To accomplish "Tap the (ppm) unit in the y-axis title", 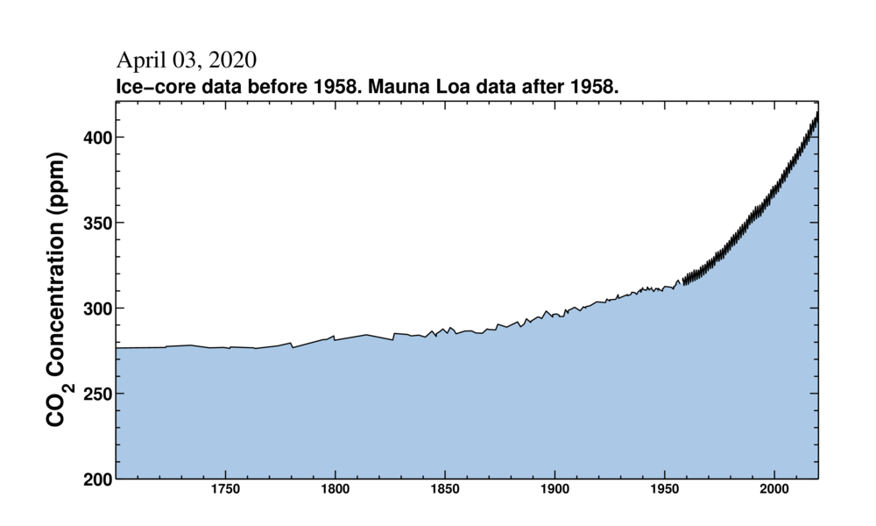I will tap(57, 187).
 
